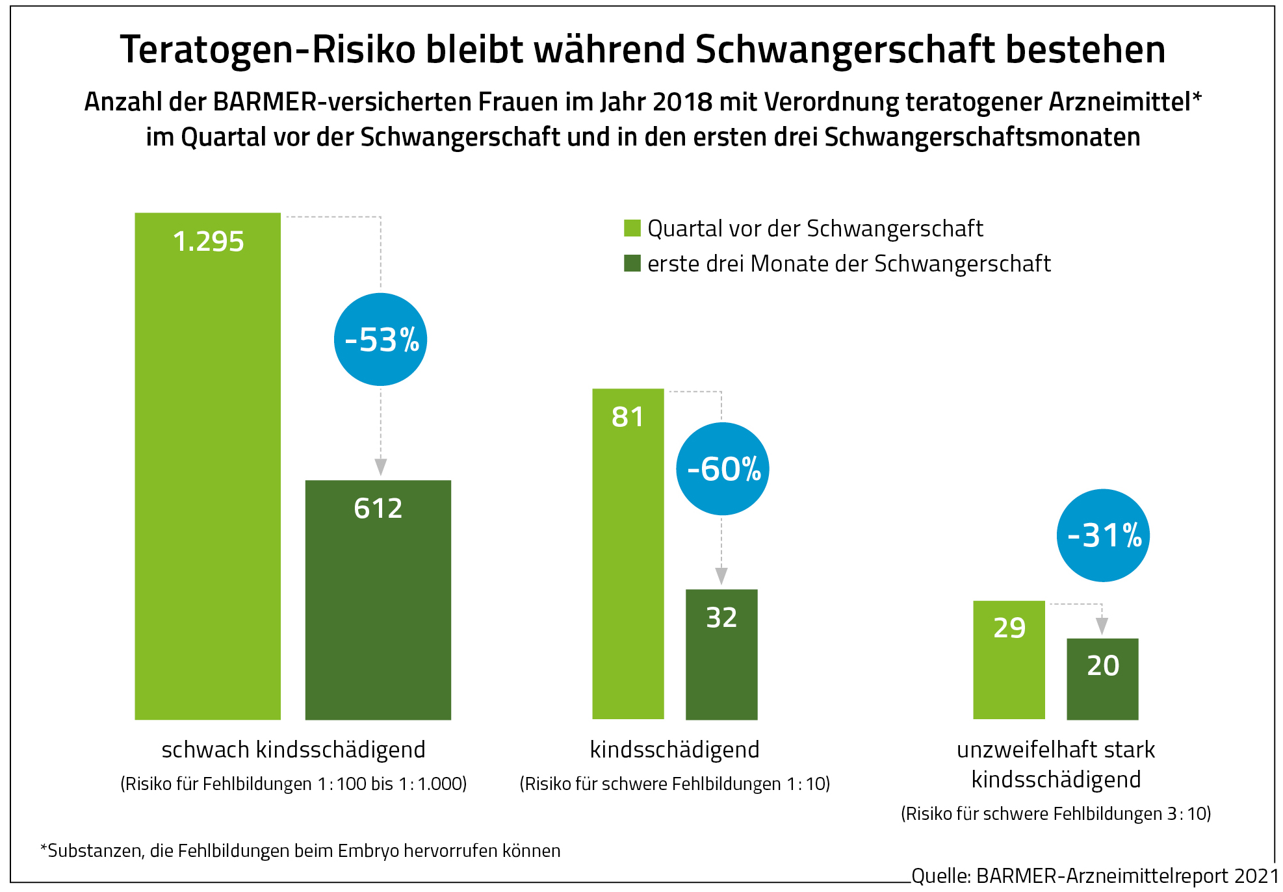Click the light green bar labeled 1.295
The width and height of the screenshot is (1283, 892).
(207, 466)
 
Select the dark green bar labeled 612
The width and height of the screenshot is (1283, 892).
(378, 600)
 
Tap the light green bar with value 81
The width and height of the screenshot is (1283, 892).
(628, 554)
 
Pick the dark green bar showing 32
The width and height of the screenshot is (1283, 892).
(721, 654)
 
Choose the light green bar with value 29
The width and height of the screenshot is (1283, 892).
(1009, 659)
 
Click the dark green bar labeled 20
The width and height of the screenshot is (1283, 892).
(1102, 679)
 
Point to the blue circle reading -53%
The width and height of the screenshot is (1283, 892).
(380, 339)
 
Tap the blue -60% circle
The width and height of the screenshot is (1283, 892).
(723, 468)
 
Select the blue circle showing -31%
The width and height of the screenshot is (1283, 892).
(1103, 535)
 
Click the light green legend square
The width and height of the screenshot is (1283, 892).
(632, 228)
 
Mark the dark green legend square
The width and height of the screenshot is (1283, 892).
(632, 263)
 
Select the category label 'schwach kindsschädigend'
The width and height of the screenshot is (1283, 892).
(293, 749)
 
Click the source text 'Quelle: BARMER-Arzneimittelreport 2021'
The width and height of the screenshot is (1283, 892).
(1095, 876)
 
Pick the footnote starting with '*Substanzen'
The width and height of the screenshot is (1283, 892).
(300, 850)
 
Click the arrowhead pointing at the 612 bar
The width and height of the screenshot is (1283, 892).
(381, 466)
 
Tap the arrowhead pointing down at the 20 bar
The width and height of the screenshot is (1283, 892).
(1102, 626)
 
